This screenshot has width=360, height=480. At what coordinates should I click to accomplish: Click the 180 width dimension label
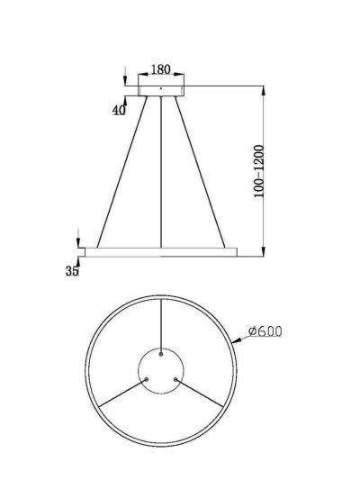[161, 69]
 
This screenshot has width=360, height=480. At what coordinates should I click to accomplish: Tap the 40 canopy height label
[119, 110]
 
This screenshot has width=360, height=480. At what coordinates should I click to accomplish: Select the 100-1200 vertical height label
[259, 171]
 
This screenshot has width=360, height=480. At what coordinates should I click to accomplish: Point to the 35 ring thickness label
[72, 271]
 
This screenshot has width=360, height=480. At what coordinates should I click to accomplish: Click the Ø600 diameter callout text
[265, 331]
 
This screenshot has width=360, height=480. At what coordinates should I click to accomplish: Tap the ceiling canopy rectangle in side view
[161, 91]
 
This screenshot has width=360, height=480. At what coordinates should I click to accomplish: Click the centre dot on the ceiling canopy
[161, 89]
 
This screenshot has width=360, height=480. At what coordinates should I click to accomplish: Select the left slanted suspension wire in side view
[122, 172]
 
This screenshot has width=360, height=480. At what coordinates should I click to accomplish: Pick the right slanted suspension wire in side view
[200, 172]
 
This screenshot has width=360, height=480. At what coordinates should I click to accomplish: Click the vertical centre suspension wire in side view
[161, 172]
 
